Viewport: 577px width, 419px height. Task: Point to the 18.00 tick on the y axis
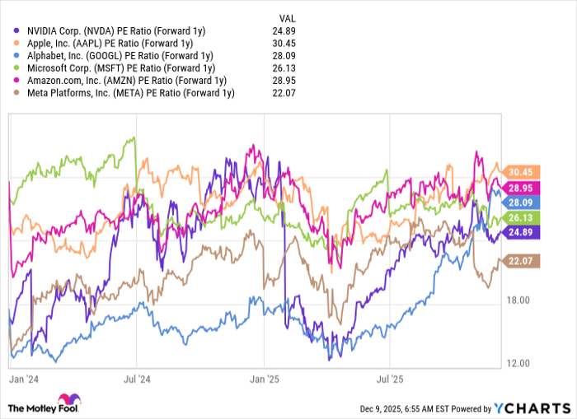coord(519,301)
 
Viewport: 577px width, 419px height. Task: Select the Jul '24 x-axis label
coord(137,381)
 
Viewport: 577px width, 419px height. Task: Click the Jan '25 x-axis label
coord(264,381)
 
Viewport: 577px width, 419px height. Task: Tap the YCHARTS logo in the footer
coord(531,408)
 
